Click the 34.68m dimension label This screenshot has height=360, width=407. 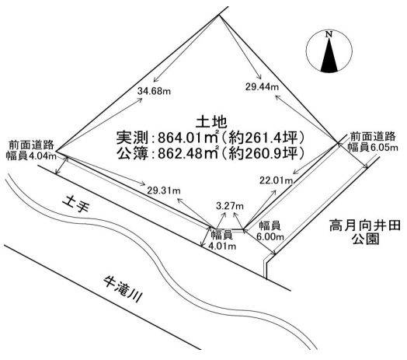pyautogui.click(x=155, y=91)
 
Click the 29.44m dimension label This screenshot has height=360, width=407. pyautogui.click(x=262, y=86)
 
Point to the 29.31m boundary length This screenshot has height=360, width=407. pyautogui.click(x=164, y=190)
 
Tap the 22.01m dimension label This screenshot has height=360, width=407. pyautogui.click(x=277, y=180)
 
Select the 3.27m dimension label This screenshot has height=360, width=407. pyautogui.click(x=230, y=206)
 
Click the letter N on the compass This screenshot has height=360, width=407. pyautogui.click(x=329, y=34)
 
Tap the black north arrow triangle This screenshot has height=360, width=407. pyautogui.click(x=329, y=55)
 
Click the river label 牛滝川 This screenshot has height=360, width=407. pyautogui.click(x=123, y=289)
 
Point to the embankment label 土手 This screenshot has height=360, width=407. pyautogui.click(x=76, y=204)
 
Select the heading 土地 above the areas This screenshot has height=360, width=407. pyautogui.click(x=211, y=122)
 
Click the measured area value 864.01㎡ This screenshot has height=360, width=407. pyautogui.click(x=188, y=138)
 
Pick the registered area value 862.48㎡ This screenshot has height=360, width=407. pyautogui.click(x=188, y=153)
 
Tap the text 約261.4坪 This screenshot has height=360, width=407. pyautogui.click(x=263, y=138)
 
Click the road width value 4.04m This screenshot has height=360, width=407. pyautogui.click(x=42, y=156)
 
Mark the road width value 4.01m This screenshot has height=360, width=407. pyautogui.click(x=222, y=246)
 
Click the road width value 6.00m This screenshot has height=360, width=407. pyautogui.click(x=270, y=237)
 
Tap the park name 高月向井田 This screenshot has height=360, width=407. pyautogui.click(x=365, y=226)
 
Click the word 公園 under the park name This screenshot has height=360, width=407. pyautogui.click(x=366, y=239)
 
